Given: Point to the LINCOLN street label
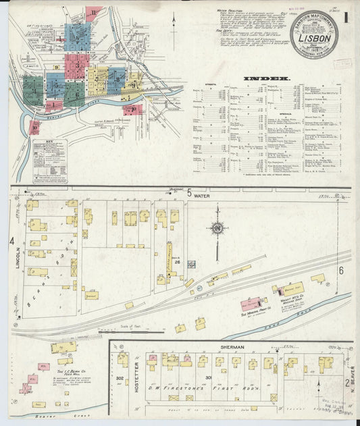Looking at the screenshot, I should tap(19, 258).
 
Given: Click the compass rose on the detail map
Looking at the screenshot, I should tap(217, 228).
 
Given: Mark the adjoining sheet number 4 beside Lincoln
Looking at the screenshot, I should tap(11, 241).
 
